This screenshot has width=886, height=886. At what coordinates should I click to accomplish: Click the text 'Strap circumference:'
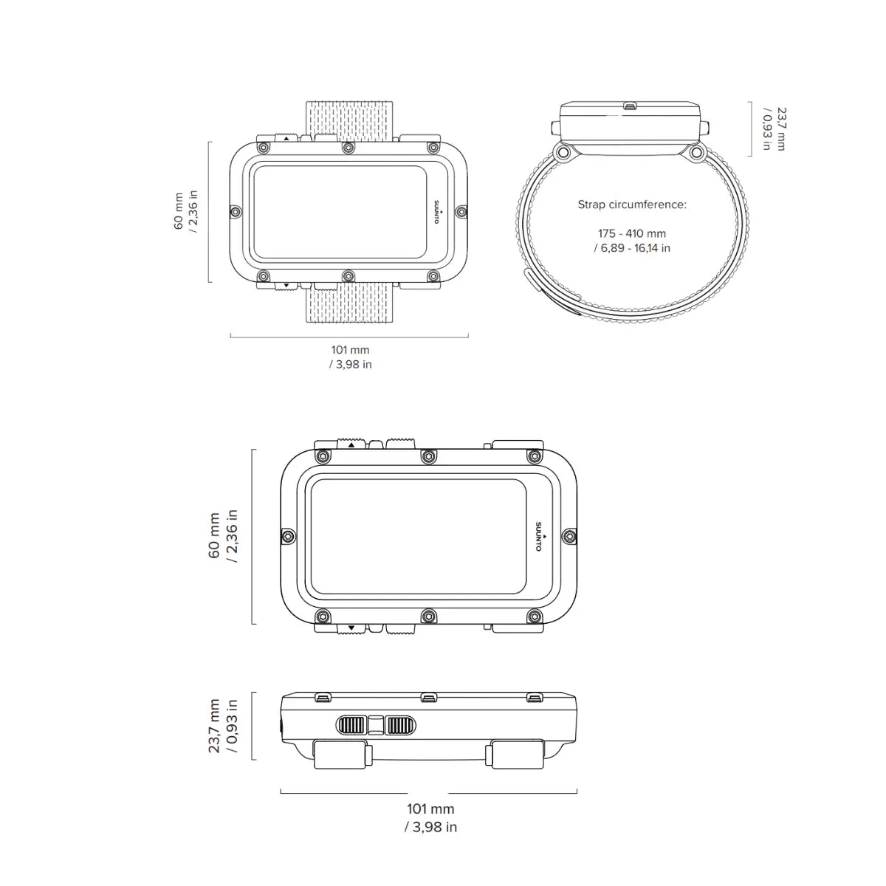pos(632,205)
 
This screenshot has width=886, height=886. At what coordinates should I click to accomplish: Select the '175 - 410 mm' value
pos(632,233)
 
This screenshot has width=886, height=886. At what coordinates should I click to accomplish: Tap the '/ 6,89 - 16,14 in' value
pos(632,248)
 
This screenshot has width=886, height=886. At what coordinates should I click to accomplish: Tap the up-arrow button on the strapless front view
pos(351,444)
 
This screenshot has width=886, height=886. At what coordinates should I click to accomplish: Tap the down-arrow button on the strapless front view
pos(351,628)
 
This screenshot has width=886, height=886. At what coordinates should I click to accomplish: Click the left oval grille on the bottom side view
pos(352,725)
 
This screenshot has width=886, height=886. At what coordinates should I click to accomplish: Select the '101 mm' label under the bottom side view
pos(430,810)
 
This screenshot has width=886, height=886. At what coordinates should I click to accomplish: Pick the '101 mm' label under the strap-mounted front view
pos(350,349)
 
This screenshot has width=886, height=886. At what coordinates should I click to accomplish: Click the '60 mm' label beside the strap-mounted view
pos(179,212)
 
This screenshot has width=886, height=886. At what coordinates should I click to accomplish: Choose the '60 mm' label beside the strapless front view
pos(215,536)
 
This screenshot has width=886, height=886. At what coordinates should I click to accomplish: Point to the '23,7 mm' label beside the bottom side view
pos(215,727)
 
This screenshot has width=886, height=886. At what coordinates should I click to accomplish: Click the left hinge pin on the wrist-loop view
pos(563,153)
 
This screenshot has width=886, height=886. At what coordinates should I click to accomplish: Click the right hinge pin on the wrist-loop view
pos(696,153)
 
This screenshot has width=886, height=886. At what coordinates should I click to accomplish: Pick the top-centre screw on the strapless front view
pos(427,457)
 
